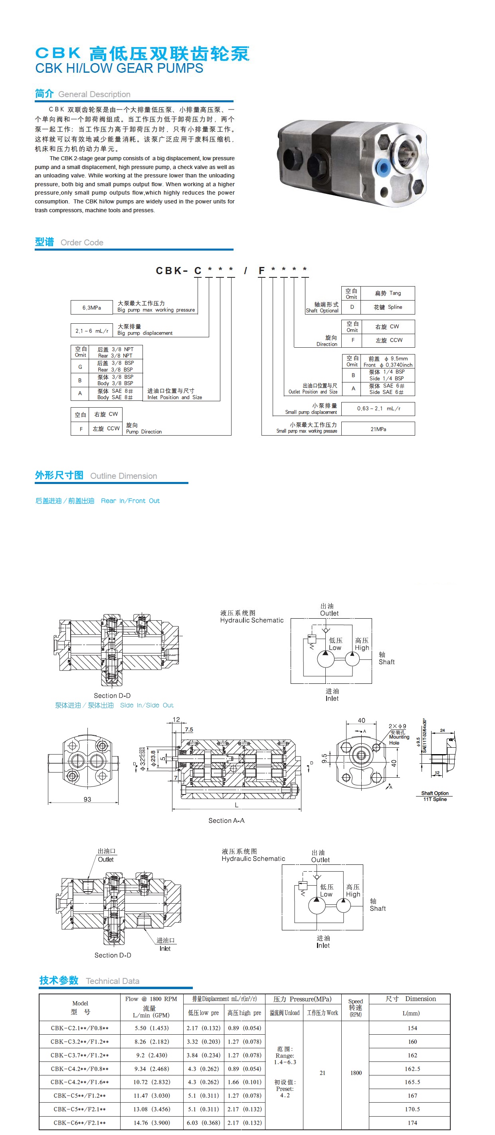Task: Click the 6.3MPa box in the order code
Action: click(x=91, y=308)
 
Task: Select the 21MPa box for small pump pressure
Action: click(x=378, y=429)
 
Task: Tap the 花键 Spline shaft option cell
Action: click(x=388, y=307)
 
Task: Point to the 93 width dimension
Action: click(x=87, y=799)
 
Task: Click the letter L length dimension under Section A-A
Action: click(x=236, y=805)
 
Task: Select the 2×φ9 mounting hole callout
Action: click(x=397, y=726)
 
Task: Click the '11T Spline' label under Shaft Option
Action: click(x=435, y=799)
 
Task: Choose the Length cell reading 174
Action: click(x=412, y=1122)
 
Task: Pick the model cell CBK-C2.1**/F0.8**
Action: click(x=80, y=1028)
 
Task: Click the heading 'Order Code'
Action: click(x=82, y=242)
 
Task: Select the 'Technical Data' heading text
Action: click(x=113, y=981)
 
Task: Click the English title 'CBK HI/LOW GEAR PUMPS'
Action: click(x=119, y=68)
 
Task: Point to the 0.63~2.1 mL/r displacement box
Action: click(x=378, y=408)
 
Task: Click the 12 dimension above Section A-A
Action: click(x=176, y=719)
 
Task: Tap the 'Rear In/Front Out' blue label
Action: click(x=130, y=500)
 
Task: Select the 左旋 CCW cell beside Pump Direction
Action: click(x=106, y=428)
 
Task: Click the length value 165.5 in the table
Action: click(x=412, y=1082)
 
